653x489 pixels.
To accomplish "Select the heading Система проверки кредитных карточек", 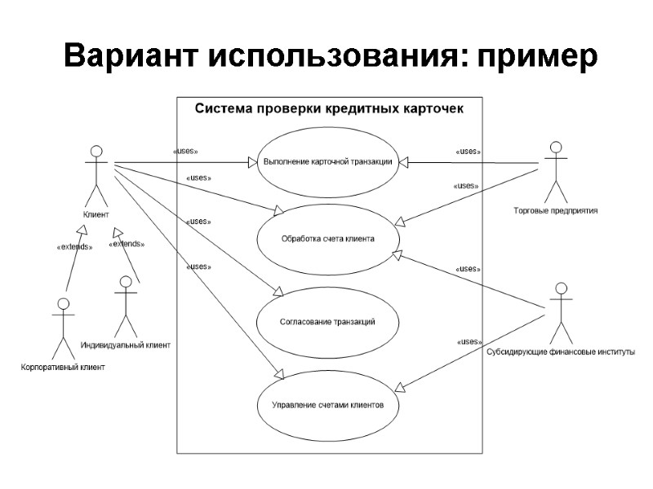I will [x=329, y=108].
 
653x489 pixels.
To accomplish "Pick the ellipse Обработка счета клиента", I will [x=328, y=239].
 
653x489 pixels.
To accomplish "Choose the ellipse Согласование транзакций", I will [x=327, y=322].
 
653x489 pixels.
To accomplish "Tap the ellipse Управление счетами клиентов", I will [x=328, y=403].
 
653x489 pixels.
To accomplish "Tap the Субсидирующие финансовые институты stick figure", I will [x=560, y=314].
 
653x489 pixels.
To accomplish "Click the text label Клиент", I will [x=96, y=214].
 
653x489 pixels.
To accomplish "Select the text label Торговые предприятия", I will [x=556, y=210].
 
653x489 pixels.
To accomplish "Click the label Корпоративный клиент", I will [x=63, y=367].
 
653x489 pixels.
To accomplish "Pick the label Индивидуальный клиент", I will [x=126, y=345].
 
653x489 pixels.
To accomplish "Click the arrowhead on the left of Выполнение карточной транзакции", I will [x=252, y=161].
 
